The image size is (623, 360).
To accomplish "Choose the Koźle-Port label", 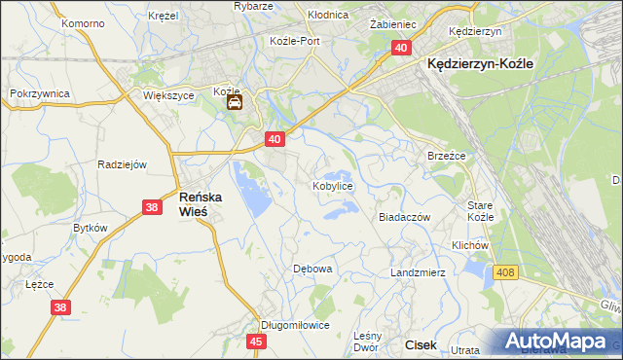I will click(x=295, y=41).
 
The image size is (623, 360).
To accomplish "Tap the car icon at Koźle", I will click(x=236, y=101).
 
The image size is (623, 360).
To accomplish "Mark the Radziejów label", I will click(x=122, y=164).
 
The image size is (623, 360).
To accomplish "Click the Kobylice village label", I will click(x=332, y=185).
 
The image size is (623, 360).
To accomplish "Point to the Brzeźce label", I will click(x=447, y=156).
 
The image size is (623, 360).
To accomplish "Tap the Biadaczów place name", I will click(x=404, y=218).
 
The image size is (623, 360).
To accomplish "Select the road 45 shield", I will click(x=256, y=342).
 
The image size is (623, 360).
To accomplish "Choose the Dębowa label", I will click(x=313, y=268).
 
